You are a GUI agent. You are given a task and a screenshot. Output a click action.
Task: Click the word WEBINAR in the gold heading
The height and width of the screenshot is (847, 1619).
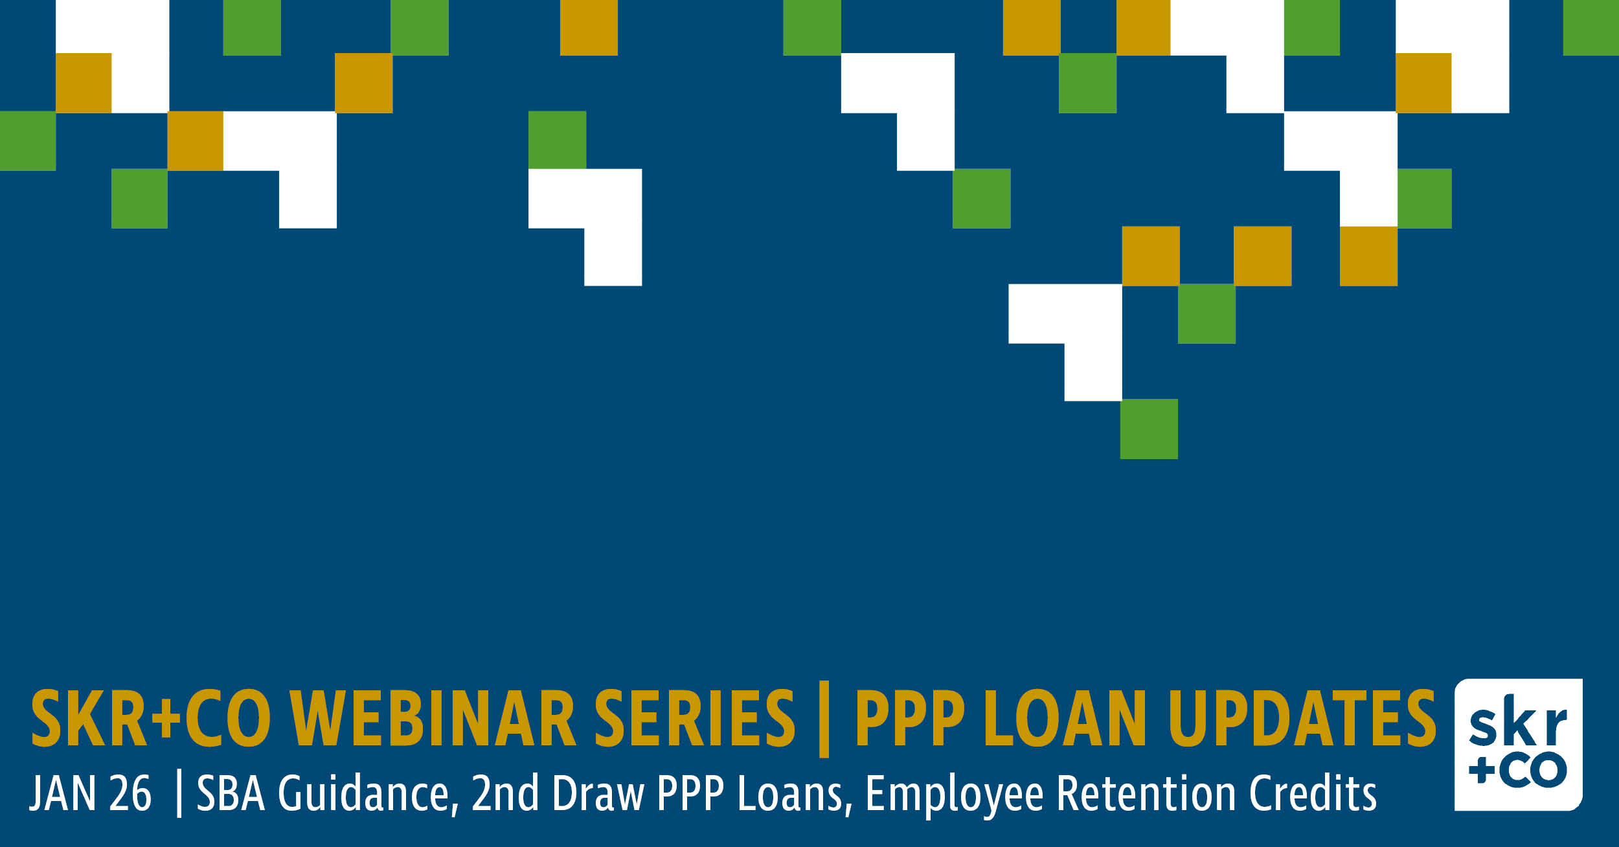pyautogui.click(x=433, y=718)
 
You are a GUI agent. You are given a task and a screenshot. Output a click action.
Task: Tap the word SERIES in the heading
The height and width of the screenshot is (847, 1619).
pyautogui.click(x=695, y=718)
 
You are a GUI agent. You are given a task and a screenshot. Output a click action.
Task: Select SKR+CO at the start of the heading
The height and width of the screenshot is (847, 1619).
pyautogui.click(x=151, y=718)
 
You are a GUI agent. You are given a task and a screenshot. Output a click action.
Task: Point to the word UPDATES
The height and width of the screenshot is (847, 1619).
pyautogui.click(x=1302, y=718)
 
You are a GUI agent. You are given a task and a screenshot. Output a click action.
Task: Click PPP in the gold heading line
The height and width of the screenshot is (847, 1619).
pyautogui.click(x=910, y=718)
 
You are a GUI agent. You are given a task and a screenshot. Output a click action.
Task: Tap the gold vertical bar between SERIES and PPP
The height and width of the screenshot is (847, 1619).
pyautogui.click(x=824, y=719)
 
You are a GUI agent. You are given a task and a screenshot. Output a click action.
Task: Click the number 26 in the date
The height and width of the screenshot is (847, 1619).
pyautogui.click(x=130, y=793)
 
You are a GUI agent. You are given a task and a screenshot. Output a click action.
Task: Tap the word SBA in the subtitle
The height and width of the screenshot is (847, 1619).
pyautogui.click(x=231, y=793)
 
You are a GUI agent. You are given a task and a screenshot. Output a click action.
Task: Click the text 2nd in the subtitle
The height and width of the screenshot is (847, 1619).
pyautogui.click(x=504, y=793)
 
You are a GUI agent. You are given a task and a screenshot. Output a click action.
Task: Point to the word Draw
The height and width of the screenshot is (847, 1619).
pyautogui.click(x=598, y=793)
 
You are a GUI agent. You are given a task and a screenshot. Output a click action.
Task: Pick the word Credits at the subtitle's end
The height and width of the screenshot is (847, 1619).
pyautogui.click(x=1313, y=793)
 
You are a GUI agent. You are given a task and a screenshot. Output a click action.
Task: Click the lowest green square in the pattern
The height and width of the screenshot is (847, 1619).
pyautogui.click(x=1149, y=429)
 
